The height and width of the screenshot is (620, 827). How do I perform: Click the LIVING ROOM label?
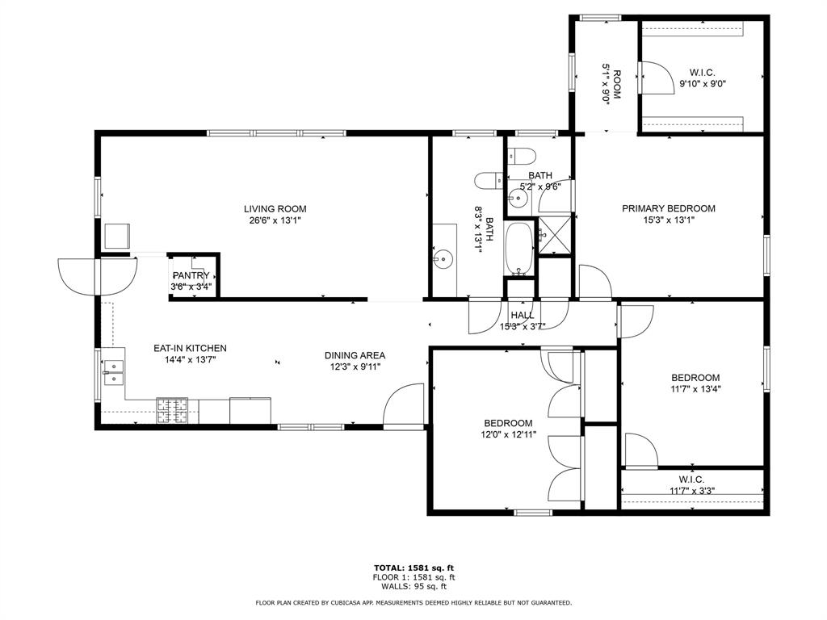pos(275,209)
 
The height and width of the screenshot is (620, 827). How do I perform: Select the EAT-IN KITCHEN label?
pos(190,349)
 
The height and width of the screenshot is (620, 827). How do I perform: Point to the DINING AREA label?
pos(355,355)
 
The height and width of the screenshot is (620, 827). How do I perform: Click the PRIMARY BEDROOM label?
pos(668,208)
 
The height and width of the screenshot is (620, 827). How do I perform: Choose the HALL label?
pos(522,316)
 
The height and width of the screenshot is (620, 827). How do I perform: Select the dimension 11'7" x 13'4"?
pos(695,388)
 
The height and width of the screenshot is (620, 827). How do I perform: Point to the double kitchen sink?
pos(114,372)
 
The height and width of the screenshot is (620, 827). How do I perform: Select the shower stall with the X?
pos(554,235)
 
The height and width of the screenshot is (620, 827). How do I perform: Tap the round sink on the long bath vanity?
pos(442,259)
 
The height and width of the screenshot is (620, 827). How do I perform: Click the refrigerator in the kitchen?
pos(251,410)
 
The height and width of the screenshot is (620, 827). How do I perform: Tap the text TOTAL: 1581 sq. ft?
pos(413,567)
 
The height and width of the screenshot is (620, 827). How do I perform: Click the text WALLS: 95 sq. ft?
pos(413,587)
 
